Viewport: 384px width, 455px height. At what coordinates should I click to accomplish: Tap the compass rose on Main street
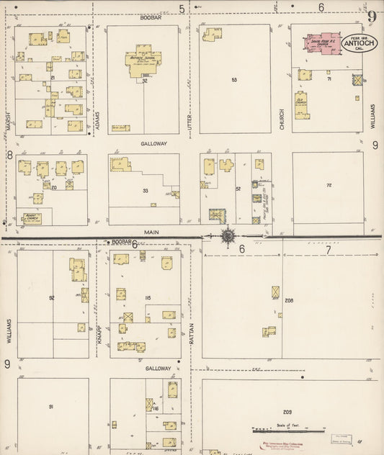coord(228,235)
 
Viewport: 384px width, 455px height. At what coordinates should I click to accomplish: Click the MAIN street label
coord(150,231)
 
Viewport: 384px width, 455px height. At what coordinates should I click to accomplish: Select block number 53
coord(234,80)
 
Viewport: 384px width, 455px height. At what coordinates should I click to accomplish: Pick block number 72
coord(329,186)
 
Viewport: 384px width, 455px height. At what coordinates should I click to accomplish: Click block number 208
coord(289,300)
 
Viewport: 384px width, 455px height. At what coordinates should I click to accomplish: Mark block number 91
coord(51,407)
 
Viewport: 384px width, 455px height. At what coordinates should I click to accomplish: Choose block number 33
coord(146,191)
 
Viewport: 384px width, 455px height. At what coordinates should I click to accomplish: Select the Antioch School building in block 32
coord(143,59)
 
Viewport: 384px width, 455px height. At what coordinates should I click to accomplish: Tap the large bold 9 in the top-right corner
coord(372,17)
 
